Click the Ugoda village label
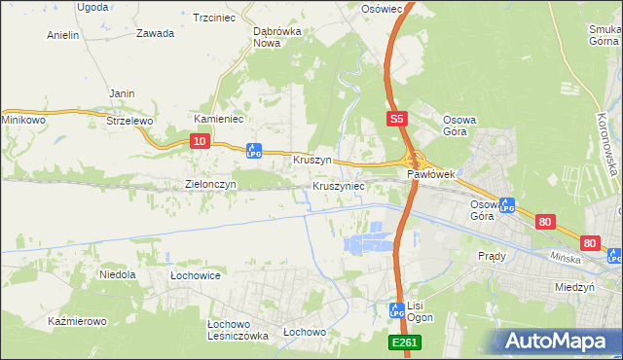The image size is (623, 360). [x=92, y=7]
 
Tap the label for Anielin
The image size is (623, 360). [x=62, y=35]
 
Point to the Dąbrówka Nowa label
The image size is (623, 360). [x=274, y=37]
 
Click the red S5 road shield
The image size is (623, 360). [x=395, y=119]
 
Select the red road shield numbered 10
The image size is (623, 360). [x=199, y=141]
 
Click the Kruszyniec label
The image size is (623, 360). [x=339, y=185]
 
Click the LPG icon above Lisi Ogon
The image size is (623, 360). [x=397, y=311]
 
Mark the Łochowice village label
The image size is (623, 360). [x=195, y=275]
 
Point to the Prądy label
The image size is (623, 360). [x=492, y=256]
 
